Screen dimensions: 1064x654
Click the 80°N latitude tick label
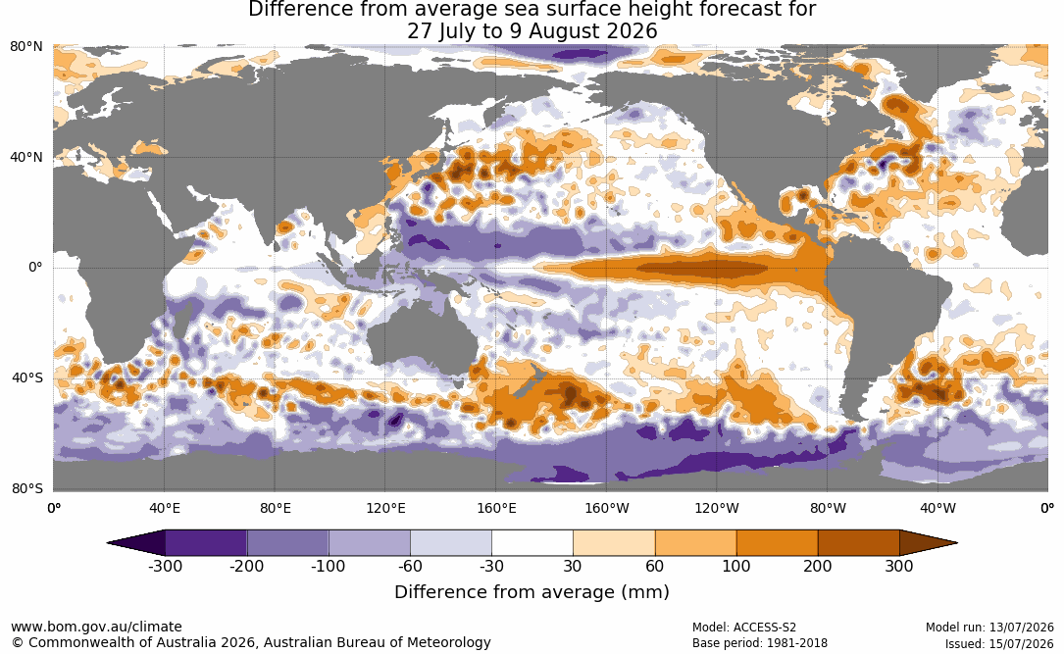[x=26, y=47]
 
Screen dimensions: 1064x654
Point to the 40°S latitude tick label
[x=27, y=377]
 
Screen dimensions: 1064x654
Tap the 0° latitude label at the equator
[x=35, y=268]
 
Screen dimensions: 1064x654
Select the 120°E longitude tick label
[x=385, y=508]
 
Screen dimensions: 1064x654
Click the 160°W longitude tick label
[x=607, y=508]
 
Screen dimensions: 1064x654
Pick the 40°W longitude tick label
[x=937, y=508]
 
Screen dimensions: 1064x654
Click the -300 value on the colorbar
[x=165, y=566]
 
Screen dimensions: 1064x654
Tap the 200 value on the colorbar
[x=818, y=566]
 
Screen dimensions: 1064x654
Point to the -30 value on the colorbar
[x=492, y=566]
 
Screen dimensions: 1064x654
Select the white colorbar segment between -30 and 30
[x=532, y=543]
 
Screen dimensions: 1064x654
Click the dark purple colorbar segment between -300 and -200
[x=206, y=543]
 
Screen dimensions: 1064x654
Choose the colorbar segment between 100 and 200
[x=778, y=543]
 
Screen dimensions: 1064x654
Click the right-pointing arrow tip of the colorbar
[x=957, y=543]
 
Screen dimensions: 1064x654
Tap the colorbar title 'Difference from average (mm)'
[x=532, y=592]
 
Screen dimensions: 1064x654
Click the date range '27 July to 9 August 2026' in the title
[x=532, y=31]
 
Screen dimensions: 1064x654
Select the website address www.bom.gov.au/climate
[x=96, y=627]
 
